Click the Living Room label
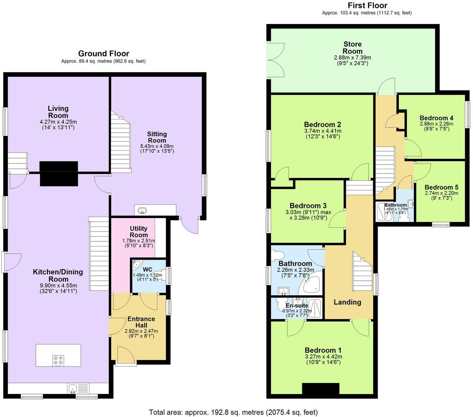[x=58, y=112]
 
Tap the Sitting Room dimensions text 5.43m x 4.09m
[x=157, y=146]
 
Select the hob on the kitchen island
[x=58, y=360]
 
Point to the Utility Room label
[x=139, y=232]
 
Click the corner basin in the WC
[x=136, y=265]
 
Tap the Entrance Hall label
[x=141, y=322]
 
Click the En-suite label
[x=297, y=305]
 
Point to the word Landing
[x=347, y=302]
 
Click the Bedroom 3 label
[x=308, y=205]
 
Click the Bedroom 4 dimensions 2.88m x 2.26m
[x=436, y=124]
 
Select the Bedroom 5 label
[x=441, y=187]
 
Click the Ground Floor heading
[x=103, y=53]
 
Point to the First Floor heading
[x=367, y=5]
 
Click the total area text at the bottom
[x=233, y=412]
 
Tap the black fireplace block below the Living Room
[x=59, y=174]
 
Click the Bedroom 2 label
[x=322, y=124]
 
